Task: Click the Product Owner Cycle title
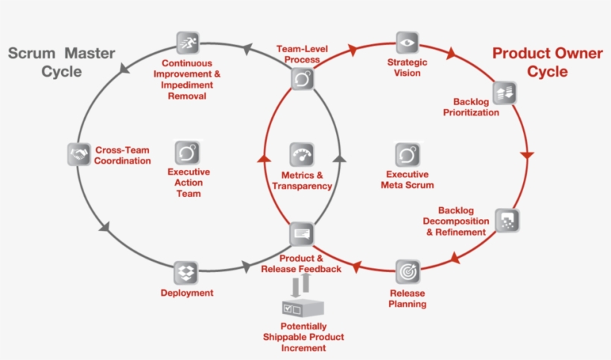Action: coord(537,63)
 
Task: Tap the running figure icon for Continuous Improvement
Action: coord(187,42)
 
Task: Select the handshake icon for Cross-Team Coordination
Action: coord(78,153)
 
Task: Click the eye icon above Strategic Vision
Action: coord(407,42)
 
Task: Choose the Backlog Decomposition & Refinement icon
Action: coord(508,220)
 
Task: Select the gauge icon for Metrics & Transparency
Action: coord(302,154)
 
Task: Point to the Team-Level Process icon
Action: coord(302,79)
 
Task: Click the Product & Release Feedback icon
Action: coord(302,233)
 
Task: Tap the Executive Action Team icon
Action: coord(187,153)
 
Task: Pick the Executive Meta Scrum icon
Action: coord(407,154)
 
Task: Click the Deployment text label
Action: coord(187,293)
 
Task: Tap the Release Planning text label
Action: coord(408,298)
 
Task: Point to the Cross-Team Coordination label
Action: coord(123,155)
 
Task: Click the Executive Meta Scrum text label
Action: coord(407,180)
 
